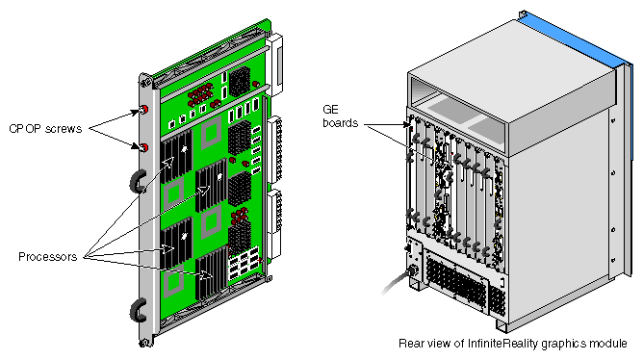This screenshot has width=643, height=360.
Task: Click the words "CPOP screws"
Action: (45, 129)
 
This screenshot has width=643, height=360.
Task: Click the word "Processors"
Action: (47, 257)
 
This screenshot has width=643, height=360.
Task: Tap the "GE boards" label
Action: (340, 116)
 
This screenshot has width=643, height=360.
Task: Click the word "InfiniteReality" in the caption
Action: (502, 344)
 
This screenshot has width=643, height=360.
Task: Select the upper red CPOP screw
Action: (143, 110)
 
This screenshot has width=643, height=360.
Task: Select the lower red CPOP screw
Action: (143, 147)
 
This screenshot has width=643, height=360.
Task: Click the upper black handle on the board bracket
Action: (138, 182)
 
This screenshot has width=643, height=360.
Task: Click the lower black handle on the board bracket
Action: (138, 311)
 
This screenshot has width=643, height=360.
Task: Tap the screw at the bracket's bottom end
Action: (144, 344)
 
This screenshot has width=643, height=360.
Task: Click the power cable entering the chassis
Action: (397, 280)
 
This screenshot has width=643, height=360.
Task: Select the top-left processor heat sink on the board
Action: (176, 157)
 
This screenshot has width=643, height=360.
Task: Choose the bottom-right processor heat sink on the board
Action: (212, 272)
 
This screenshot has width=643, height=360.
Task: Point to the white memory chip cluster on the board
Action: (244, 263)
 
